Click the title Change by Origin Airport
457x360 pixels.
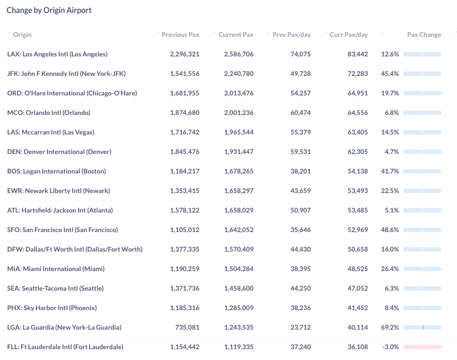click(49, 10)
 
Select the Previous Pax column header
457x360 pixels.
click(180, 35)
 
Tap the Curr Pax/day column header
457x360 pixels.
click(348, 35)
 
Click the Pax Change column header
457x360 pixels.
click(424, 35)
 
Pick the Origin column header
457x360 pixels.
click(22, 35)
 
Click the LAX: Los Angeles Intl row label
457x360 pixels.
click(58, 54)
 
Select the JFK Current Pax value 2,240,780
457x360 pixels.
click(239, 74)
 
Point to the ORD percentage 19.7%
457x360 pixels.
click(390, 93)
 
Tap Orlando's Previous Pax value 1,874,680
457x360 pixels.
click(185, 113)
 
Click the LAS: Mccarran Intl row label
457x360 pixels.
click(50, 132)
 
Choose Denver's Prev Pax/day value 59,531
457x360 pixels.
click(301, 152)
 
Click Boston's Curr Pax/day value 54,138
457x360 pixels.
click(358, 171)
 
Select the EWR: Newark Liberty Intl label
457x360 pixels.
click(59, 191)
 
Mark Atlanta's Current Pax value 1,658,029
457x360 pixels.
click(239, 210)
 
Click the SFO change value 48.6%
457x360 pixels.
click(390, 230)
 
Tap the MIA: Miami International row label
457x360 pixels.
click(56, 268)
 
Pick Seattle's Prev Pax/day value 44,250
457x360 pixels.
click(301, 288)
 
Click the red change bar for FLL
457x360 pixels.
click(422, 347)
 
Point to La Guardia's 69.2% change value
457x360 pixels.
click(390, 327)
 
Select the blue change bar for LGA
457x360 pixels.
click(422, 327)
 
